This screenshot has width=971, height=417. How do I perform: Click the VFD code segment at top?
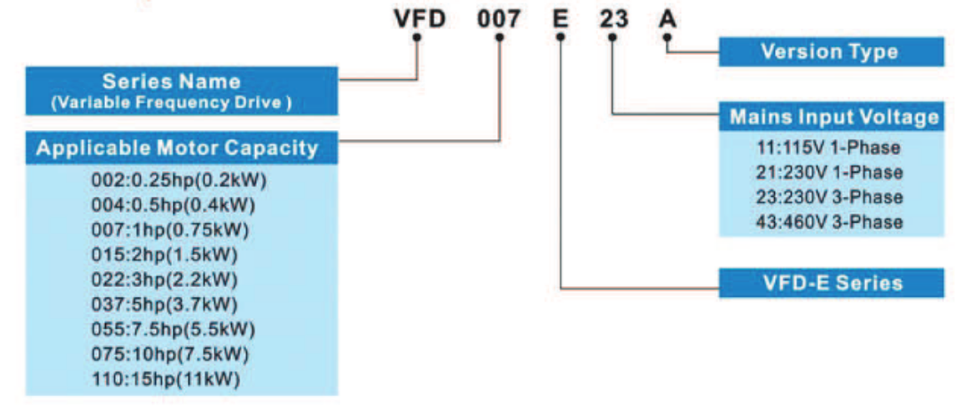(420, 18)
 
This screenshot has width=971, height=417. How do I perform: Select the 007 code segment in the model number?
(499, 18)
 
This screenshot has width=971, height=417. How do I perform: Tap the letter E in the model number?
(561, 18)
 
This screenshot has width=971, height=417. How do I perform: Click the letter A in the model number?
(667, 18)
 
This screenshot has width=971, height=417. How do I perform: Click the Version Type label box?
(831, 52)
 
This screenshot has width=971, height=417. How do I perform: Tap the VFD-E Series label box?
(831, 283)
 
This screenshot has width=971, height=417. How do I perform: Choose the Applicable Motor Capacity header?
(178, 148)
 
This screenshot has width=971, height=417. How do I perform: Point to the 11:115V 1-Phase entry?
(827, 148)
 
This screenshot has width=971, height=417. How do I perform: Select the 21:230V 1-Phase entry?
(827, 173)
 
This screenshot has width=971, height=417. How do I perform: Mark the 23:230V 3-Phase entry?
(827, 198)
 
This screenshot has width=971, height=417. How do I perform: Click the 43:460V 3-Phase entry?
(827, 222)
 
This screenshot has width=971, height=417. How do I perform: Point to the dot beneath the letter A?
(667, 38)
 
